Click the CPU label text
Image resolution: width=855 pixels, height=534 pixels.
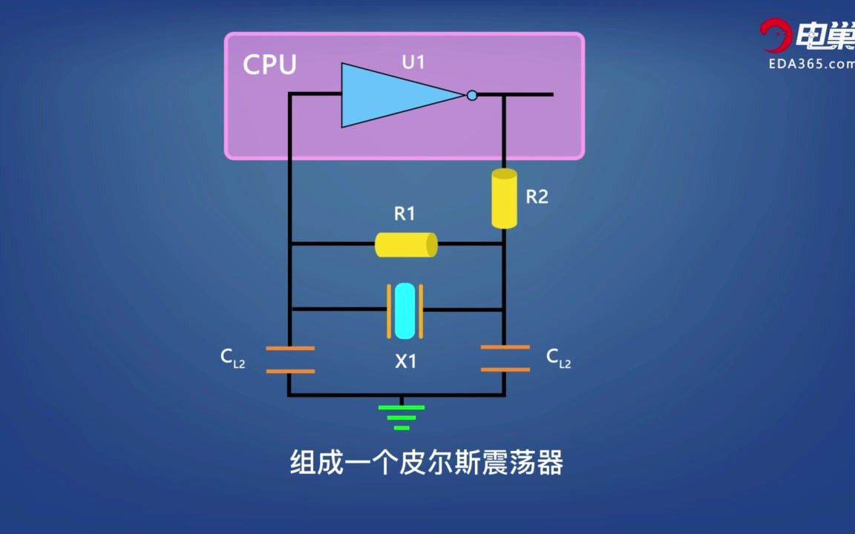coord(269,65)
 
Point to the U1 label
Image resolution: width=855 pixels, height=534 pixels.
coord(413,62)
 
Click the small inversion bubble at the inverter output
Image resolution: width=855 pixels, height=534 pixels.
coord(472,95)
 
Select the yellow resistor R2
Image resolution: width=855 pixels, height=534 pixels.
coord(504,198)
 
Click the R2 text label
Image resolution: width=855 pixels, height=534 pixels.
coord(537,197)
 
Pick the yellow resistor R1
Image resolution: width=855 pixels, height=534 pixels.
coord(405,244)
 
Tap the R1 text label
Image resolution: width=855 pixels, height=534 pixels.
coord(404,214)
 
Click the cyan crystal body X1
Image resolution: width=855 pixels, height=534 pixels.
coord(405,310)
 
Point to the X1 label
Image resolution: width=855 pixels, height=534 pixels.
coord(405,362)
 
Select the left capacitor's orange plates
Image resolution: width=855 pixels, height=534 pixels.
coord(290,360)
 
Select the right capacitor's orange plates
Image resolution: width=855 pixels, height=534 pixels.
coord(505,357)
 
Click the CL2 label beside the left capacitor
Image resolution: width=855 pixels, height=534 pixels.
coord(232,358)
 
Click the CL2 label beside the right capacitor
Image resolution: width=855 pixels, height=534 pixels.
coord(558,358)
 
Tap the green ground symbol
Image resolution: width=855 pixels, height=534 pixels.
coord(402,417)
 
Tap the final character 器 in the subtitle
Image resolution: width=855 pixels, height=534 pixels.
coord(549,463)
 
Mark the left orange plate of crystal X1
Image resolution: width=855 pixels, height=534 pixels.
coord(388,310)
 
